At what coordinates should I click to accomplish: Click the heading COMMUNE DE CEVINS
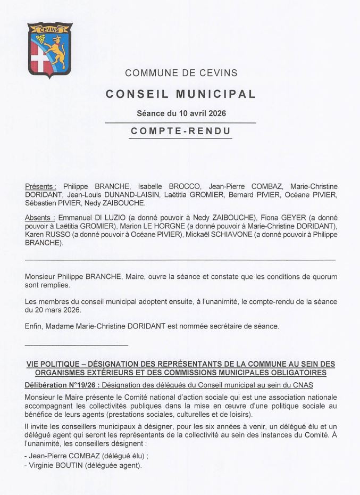(x=181, y=73)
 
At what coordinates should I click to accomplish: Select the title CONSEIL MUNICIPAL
(x=181, y=94)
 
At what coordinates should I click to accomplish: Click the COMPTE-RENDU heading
(x=181, y=131)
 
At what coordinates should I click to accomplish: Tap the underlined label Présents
(x=41, y=186)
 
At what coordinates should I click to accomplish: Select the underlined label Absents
(x=40, y=218)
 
